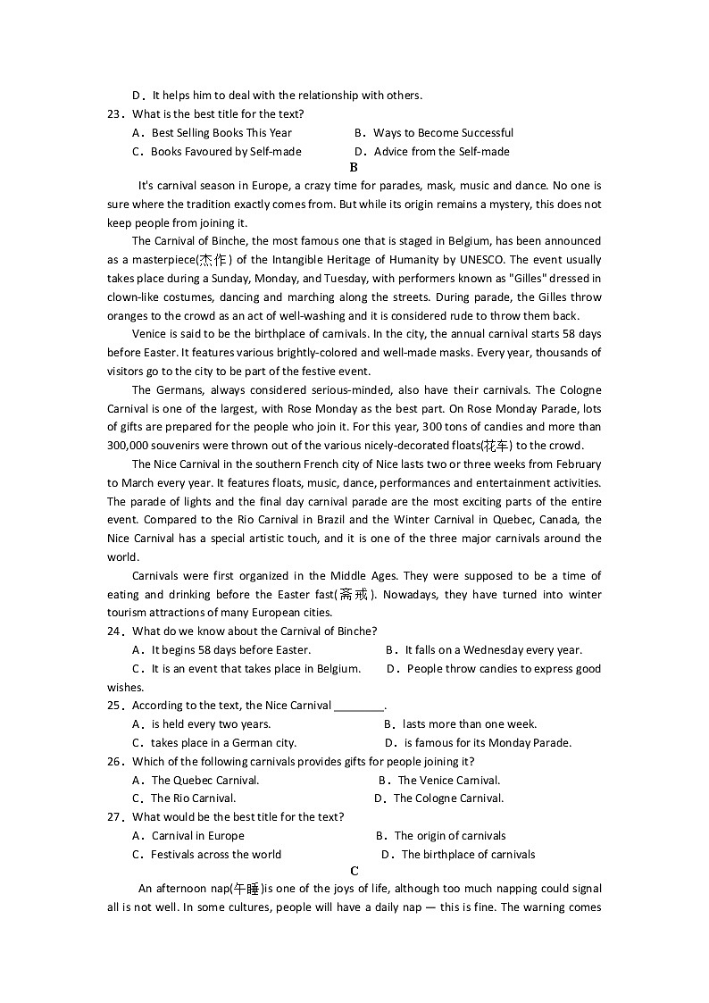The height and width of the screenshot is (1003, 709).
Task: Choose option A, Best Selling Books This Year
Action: point(213,133)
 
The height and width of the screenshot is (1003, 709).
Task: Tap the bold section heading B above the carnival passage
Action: point(354,167)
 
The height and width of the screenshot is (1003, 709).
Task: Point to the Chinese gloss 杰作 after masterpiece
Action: point(213,260)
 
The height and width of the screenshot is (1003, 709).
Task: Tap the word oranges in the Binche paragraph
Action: point(129,315)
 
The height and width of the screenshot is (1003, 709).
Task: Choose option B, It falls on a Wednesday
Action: point(484,650)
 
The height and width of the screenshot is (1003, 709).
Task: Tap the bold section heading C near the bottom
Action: point(354,872)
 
